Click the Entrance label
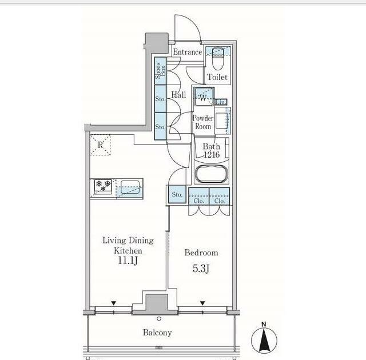[188, 52]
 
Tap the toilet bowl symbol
[218, 59]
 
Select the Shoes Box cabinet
[161, 71]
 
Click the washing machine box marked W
[204, 97]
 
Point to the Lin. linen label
[220, 102]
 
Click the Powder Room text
[203, 122]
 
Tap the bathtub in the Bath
[212, 174]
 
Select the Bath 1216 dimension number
[212, 154]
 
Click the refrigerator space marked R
[100, 145]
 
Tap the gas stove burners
[103, 186]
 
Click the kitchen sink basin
[130, 187]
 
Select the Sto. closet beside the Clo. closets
[177, 194]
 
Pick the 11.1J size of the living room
[127, 261]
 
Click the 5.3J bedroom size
[201, 269]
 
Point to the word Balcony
[157, 333]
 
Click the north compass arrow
[264, 340]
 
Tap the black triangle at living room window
[114, 303]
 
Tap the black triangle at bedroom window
[202, 303]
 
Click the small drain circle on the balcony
[159, 319]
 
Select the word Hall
[178, 95]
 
